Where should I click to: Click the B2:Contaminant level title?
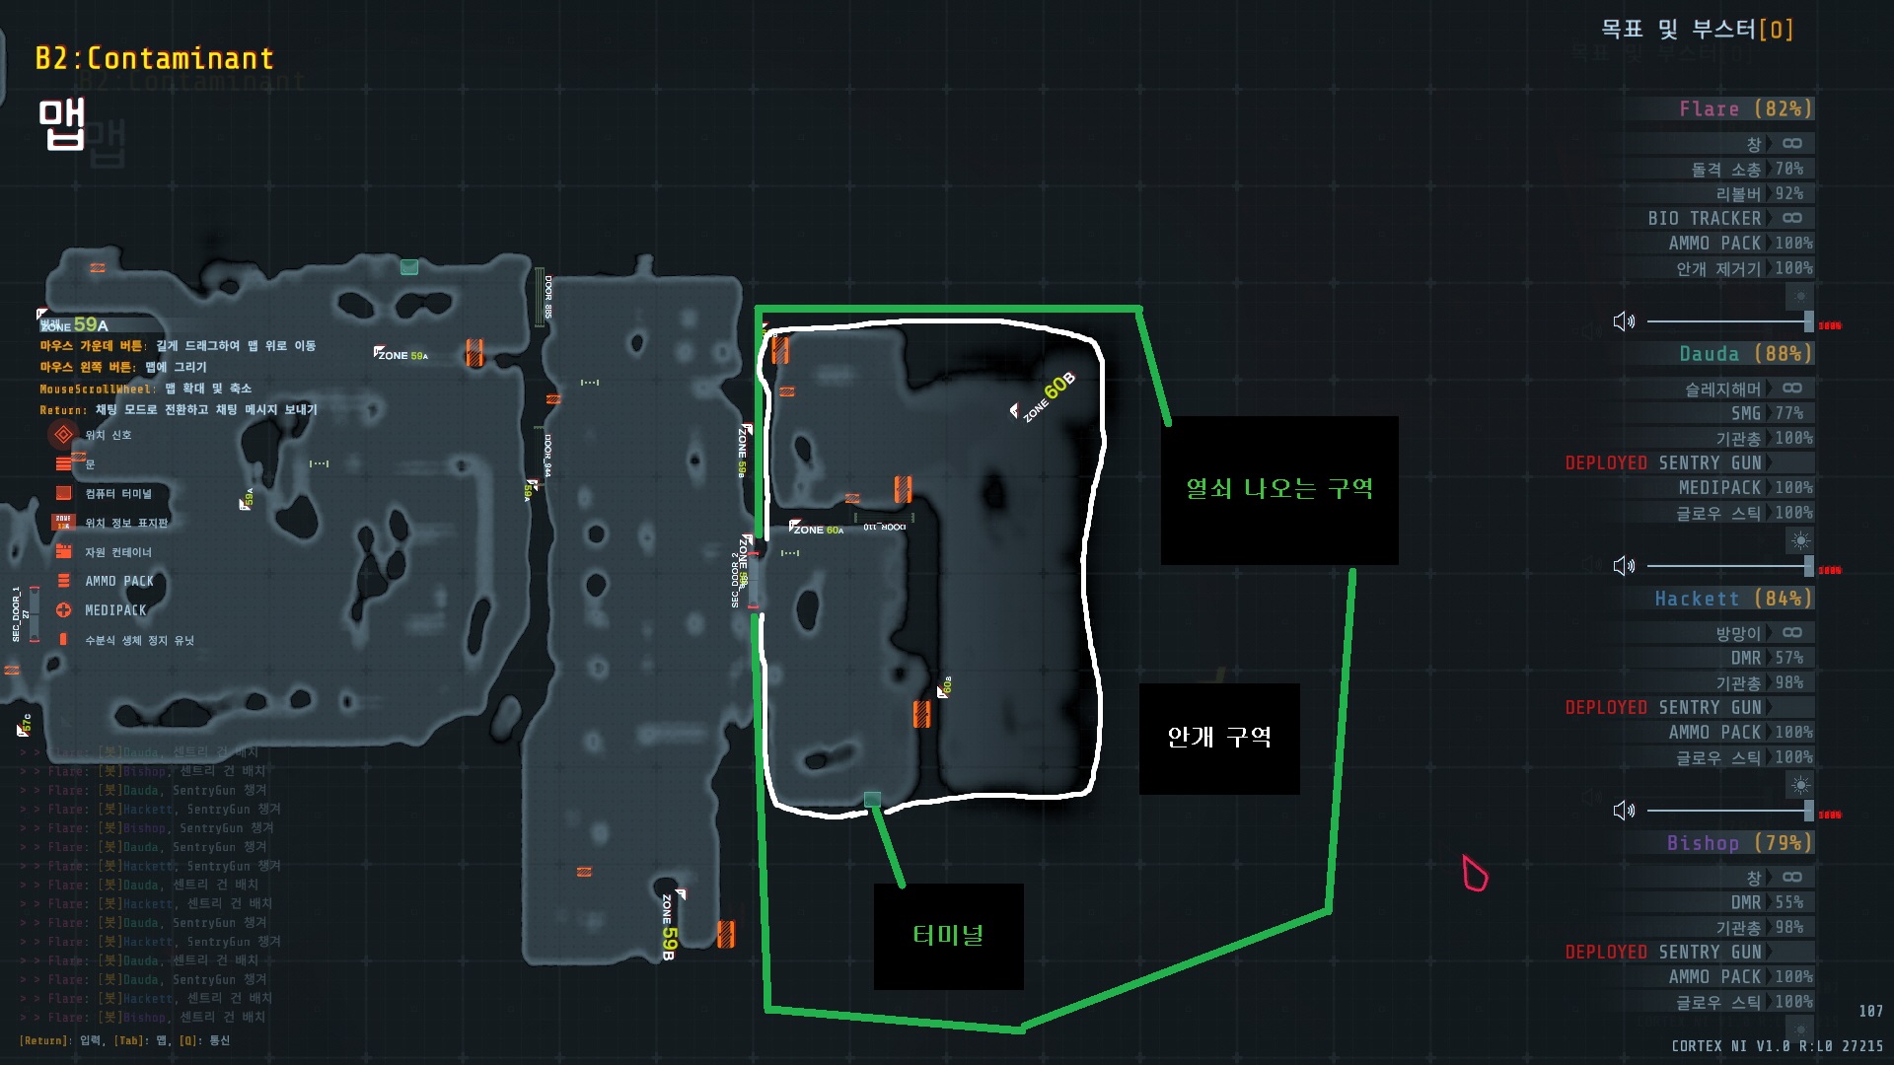(154, 58)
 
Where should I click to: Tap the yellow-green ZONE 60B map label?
(1049, 396)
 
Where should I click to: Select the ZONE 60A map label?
(817, 530)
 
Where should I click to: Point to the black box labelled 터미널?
(948, 936)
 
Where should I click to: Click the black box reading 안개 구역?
(1219, 738)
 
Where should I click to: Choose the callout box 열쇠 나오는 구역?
(1279, 489)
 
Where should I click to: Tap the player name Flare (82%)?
(1745, 108)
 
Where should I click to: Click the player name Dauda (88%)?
(1745, 353)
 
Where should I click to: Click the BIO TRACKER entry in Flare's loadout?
(1704, 218)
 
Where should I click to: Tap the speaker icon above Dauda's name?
(1624, 321)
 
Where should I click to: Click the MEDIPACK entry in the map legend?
(114, 610)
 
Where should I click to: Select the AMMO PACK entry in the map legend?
(118, 581)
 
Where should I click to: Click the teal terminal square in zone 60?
(872, 800)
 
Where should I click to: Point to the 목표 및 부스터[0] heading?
(1696, 30)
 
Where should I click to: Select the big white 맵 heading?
(62, 123)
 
